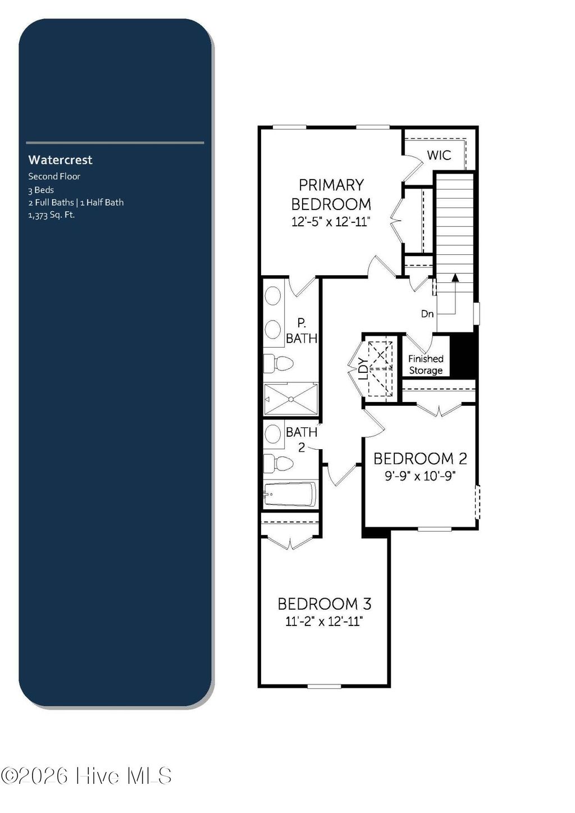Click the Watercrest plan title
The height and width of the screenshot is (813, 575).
(60, 160)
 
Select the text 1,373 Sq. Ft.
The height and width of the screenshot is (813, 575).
(51, 214)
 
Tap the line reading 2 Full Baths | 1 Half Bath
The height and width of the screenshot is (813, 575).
(76, 202)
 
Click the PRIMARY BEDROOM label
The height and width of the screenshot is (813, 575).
(331, 194)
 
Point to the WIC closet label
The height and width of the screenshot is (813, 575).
(439, 155)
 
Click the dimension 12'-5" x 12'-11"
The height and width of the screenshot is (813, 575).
(331, 222)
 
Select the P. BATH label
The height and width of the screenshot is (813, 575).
(302, 331)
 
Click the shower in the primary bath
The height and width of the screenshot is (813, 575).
(291, 399)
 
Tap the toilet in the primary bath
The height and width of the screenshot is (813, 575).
(279, 363)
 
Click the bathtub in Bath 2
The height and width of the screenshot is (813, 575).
(290, 495)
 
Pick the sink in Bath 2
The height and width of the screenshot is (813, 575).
(273, 434)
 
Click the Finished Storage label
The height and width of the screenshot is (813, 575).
(426, 364)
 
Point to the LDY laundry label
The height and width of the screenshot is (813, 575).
(363, 370)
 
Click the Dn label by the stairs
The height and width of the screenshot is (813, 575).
(427, 314)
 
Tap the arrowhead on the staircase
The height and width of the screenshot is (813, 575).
(455, 277)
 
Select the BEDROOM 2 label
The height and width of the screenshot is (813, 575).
(420, 459)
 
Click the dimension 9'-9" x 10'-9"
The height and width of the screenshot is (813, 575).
(419, 476)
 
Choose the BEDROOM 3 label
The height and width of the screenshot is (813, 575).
(324, 604)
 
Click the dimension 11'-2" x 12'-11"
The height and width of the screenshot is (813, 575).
(324, 622)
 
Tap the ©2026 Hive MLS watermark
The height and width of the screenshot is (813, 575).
(86, 776)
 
